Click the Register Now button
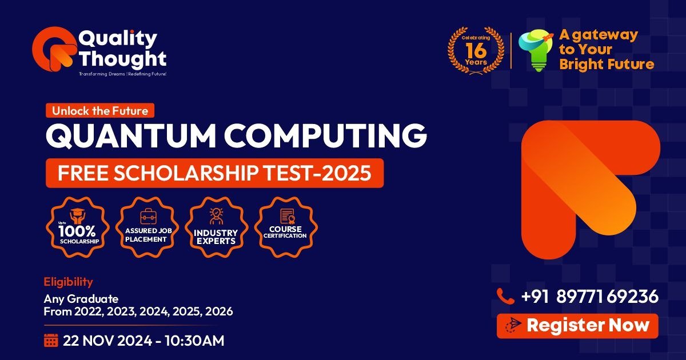click(577, 326)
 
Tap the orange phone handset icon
click(505, 296)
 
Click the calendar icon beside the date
click(51, 341)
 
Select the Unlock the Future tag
click(100, 110)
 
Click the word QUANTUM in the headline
click(131, 135)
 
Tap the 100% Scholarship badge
click(78, 227)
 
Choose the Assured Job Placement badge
click(147, 227)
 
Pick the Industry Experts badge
click(216, 227)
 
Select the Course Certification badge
click(286, 227)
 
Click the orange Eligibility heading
click(68, 282)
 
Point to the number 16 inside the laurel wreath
click(476, 50)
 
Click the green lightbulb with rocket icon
click(536, 50)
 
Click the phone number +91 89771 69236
click(590, 297)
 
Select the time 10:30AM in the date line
click(194, 341)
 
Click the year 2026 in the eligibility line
click(219, 311)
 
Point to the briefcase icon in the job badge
click(148, 217)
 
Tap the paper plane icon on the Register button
click(513, 325)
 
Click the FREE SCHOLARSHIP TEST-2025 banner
click(215, 173)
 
